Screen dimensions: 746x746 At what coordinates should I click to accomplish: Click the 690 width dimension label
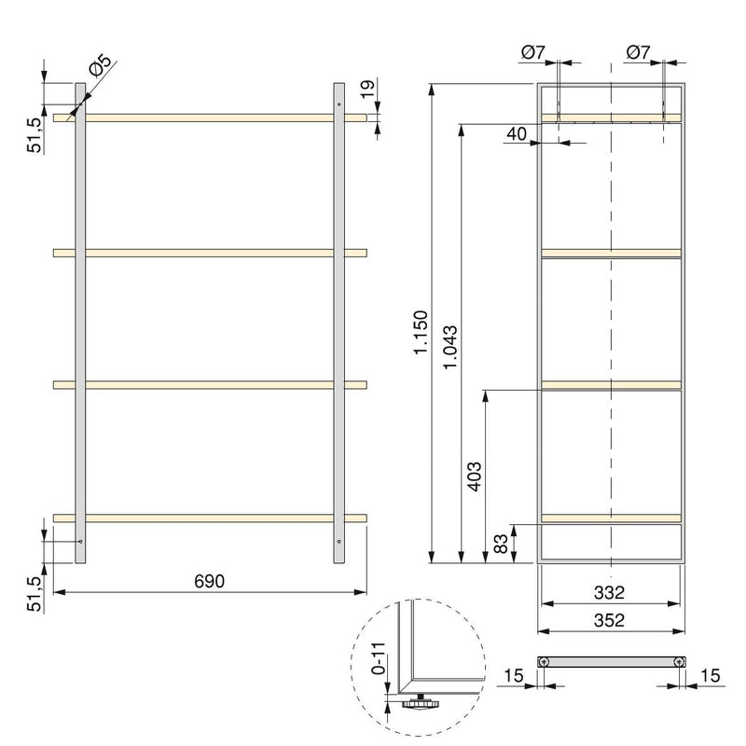point(210,580)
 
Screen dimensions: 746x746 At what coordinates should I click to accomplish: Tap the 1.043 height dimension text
point(451,348)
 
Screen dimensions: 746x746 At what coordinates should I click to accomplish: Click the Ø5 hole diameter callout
point(99,68)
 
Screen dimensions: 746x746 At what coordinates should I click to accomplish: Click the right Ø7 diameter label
point(638,54)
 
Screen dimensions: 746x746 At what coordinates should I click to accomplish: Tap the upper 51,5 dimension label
point(34,134)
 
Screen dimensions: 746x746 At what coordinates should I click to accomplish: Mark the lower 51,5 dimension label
point(34,593)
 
